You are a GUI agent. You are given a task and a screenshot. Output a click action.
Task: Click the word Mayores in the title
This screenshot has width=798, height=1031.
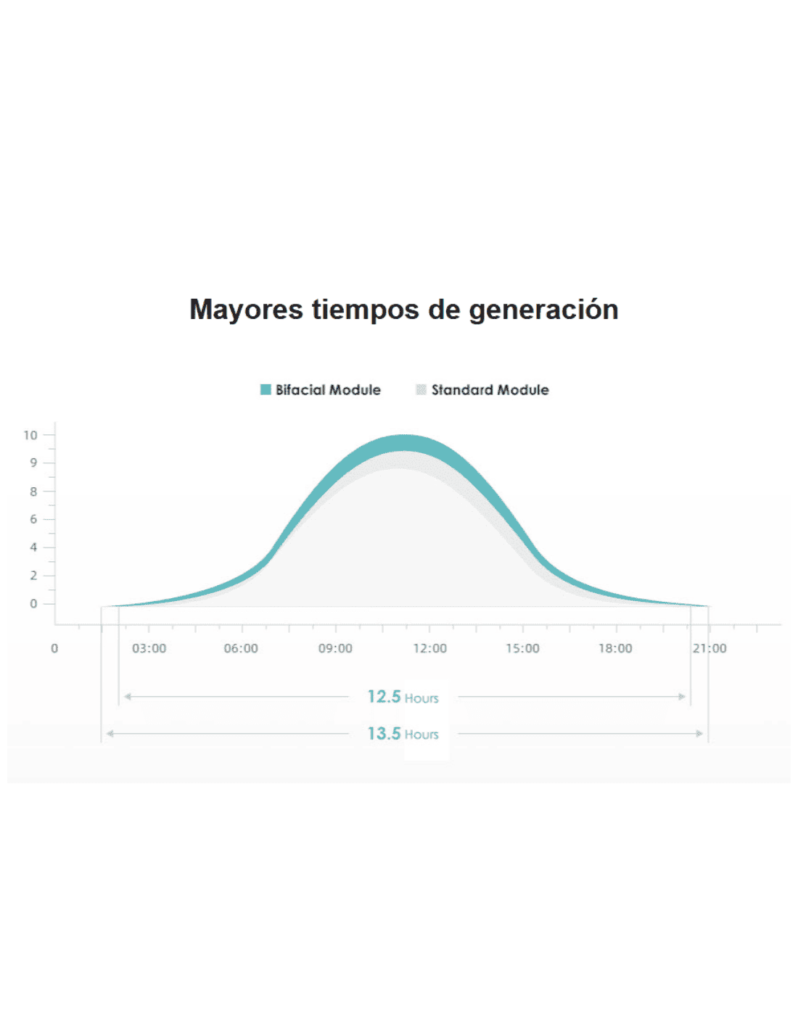point(246,310)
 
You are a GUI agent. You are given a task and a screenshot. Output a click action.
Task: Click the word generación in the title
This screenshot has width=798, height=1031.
point(543,310)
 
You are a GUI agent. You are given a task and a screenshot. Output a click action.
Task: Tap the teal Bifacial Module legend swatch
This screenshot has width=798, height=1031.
point(266,390)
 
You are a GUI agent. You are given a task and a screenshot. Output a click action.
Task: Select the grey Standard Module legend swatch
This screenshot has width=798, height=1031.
point(421,390)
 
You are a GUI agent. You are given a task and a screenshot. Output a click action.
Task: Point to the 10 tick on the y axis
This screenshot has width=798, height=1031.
point(30,435)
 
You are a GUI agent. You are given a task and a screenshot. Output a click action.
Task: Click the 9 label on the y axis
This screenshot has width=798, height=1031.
point(33,463)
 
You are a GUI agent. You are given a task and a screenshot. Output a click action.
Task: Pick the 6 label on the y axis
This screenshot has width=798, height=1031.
point(33,519)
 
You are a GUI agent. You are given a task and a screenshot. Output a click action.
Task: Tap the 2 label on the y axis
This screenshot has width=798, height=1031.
point(33,576)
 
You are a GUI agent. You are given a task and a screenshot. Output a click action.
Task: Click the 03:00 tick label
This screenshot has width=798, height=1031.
point(149,648)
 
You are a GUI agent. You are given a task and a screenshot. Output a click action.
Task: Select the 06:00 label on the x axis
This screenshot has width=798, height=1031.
point(241,648)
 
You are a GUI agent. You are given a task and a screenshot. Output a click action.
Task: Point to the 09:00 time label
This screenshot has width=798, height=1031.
point(335,648)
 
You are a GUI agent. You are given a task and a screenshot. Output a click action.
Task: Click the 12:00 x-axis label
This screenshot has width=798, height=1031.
point(429,648)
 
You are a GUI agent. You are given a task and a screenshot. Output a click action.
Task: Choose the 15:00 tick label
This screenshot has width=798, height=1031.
point(522,648)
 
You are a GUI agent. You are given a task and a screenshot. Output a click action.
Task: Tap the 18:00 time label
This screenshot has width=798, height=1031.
point(615,648)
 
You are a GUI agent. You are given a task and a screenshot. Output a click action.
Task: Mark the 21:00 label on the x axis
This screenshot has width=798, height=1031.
point(709,648)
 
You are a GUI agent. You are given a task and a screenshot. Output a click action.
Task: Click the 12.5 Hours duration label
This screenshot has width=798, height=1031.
point(403,697)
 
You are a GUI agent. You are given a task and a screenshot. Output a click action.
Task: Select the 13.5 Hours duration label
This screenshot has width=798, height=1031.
point(403,734)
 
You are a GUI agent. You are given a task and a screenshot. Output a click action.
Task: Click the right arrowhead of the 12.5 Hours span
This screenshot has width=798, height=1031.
point(682,697)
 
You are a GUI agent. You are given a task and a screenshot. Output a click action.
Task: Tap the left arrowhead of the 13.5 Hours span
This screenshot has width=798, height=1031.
point(110,734)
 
